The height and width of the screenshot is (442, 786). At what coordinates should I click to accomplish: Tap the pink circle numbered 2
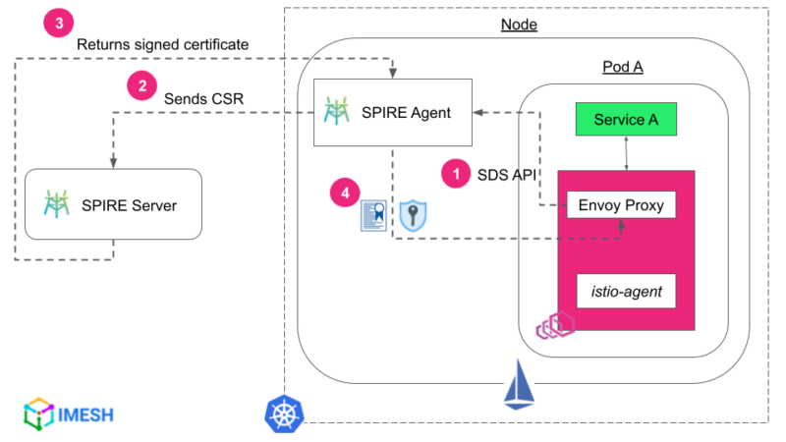(x=142, y=85)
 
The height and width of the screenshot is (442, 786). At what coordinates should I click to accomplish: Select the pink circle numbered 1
(x=454, y=173)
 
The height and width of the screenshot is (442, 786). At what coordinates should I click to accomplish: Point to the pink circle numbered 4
(x=344, y=193)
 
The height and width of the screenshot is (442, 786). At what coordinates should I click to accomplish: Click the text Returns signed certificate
(x=162, y=44)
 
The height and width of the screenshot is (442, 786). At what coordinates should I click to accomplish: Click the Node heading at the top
(x=519, y=25)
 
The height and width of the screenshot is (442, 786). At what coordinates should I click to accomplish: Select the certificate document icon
(x=373, y=217)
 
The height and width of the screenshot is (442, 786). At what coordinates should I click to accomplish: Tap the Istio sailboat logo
(x=518, y=385)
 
